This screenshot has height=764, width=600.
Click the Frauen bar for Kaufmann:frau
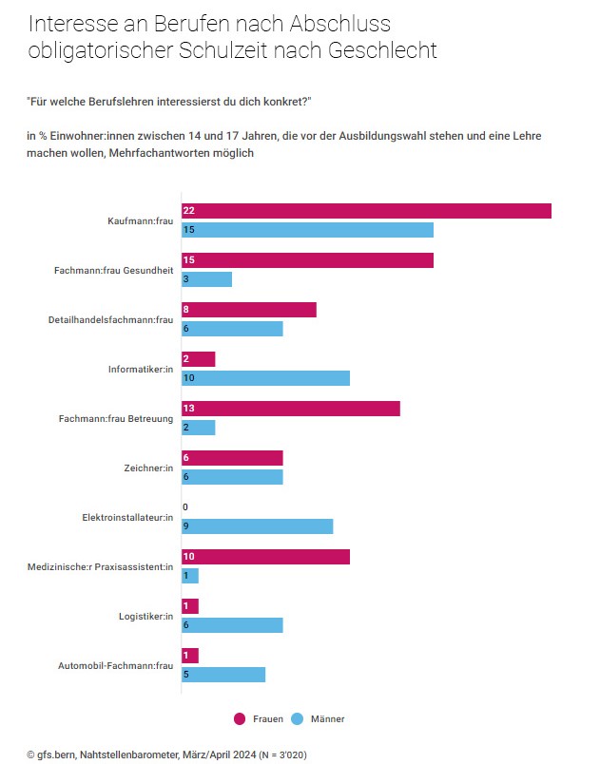pos(366,211)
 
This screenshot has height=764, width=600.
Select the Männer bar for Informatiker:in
pos(265,378)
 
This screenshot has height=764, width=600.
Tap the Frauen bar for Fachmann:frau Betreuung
pos(290,409)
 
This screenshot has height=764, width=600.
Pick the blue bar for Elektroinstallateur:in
pos(257,526)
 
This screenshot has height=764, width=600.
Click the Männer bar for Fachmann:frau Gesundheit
pos(206,279)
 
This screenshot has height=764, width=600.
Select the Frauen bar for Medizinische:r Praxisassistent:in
pos(265,557)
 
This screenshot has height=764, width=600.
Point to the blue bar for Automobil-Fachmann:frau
pos(223,675)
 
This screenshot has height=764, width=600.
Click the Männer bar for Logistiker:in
pos(232,625)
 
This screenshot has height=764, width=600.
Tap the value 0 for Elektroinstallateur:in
pos(186,507)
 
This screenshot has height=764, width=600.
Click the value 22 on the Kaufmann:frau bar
pos(189,211)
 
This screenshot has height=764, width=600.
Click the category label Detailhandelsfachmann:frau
pos(110,320)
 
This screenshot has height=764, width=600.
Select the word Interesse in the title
pos(70,23)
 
